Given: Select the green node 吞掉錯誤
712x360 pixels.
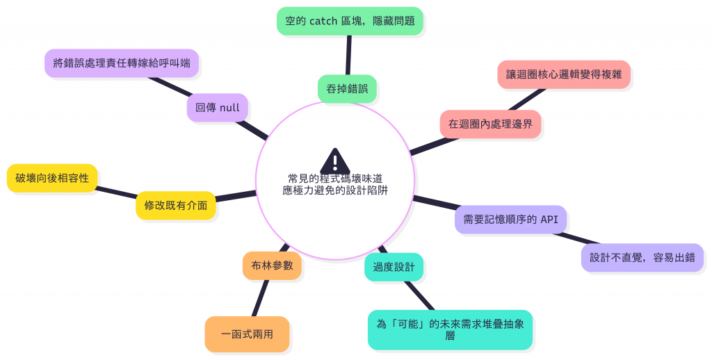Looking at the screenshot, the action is click(x=347, y=88).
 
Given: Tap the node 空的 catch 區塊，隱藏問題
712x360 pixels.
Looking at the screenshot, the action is click(x=350, y=21).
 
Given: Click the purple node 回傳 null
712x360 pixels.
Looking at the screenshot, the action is click(x=217, y=108).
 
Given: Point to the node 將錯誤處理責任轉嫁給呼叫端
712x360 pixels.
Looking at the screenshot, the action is click(x=122, y=63).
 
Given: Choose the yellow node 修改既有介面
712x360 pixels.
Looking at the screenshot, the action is click(x=175, y=206).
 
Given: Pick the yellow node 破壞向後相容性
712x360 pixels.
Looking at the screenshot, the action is click(x=52, y=179).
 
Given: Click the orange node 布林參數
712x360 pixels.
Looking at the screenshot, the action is click(x=272, y=265).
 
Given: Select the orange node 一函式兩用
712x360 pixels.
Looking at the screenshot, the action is click(x=247, y=334).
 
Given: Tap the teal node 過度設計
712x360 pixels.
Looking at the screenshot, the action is click(x=394, y=267).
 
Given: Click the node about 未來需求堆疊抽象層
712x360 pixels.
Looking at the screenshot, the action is click(x=450, y=329).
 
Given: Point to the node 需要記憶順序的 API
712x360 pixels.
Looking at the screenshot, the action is click(x=510, y=219).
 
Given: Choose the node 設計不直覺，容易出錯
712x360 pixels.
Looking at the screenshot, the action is click(x=642, y=257).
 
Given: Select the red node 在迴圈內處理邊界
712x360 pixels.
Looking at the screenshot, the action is click(x=490, y=124).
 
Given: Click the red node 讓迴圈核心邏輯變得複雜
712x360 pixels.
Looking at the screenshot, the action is click(x=564, y=74).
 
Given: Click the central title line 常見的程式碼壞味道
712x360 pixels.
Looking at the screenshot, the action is click(x=335, y=179).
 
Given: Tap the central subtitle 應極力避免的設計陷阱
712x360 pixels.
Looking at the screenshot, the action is click(x=335, y=190).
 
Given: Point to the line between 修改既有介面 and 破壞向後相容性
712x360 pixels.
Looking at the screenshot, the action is click(x=116, y=193).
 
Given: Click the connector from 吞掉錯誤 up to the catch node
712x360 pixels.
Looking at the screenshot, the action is click(x=348, y=54).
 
